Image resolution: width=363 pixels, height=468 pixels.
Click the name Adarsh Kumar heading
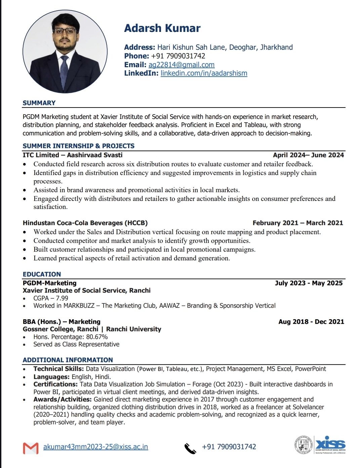pos(162,28)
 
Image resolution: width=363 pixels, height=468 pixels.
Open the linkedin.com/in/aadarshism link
pos(204,73)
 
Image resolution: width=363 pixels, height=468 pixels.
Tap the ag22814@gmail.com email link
pos(182,65)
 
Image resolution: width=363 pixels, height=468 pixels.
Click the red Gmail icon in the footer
pos(31,448)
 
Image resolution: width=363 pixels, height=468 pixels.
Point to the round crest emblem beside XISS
pos(303,445)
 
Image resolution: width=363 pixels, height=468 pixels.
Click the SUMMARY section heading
pos(39,103)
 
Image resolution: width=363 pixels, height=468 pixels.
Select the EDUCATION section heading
pos(42,274)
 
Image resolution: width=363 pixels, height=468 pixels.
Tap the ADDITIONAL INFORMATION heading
pos(68,360)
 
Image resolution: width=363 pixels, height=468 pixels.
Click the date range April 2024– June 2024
pos(308,155)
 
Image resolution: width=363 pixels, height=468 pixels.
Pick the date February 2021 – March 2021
pos(298,223)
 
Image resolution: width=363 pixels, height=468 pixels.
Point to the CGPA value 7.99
pos(62,298)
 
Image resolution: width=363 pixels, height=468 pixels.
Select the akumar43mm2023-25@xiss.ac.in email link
pos(95,447)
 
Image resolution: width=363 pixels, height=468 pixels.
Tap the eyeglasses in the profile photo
pos(65,31)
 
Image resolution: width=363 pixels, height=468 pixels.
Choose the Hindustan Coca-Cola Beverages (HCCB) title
pos(85,223)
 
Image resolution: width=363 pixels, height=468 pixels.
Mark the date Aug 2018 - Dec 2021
pos(311,322)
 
